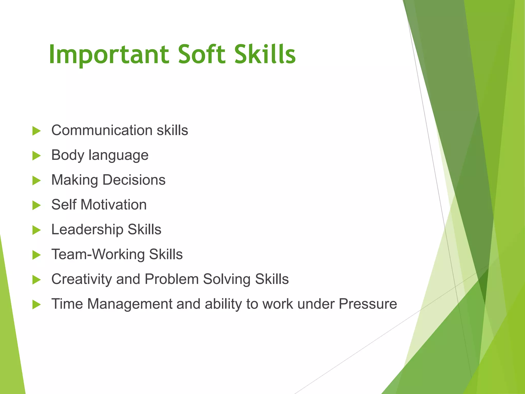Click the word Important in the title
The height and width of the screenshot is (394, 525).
point(109,54)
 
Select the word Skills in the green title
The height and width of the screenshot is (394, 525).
point(265,54)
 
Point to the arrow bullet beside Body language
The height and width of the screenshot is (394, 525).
point(37,156)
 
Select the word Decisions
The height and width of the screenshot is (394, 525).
point(134,180)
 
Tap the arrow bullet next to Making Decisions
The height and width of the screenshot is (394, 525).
point(37,181)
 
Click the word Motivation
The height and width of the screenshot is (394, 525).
point(114,205)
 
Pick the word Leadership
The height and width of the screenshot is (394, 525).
point(87,229)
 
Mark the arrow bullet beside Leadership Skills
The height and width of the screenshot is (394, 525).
point(37,230)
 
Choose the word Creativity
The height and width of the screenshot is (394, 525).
point(82,279)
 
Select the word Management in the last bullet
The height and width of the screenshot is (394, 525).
point(129,304)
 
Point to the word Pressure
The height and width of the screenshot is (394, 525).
point(368,304)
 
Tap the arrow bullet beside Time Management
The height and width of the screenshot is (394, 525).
point(37,305)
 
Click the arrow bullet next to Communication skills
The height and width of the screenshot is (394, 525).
point(37,131)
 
